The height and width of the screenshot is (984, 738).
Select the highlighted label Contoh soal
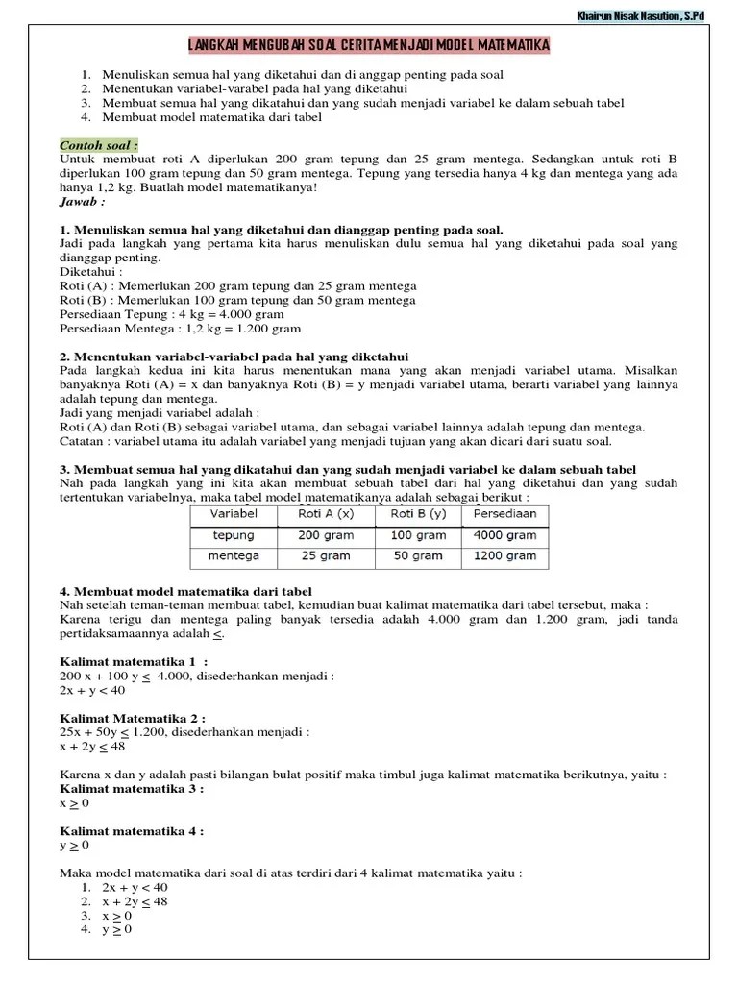(99, 144)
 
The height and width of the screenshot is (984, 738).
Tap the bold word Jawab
(82, 202)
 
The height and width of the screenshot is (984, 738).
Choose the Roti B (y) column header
(416, 514)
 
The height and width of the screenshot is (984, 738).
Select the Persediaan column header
(504, 514)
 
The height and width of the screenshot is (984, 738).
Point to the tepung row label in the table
(233, 535)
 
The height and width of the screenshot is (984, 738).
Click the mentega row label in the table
(233, 555)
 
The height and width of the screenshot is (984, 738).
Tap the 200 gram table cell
(325, 535)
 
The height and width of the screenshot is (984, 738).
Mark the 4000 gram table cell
(504, 535)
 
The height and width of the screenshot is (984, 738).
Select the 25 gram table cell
(325, 555)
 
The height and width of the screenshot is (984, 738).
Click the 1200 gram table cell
(504, 555)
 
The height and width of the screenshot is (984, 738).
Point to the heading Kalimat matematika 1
(134, 662)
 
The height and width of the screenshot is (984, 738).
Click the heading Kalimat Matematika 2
(133, 718)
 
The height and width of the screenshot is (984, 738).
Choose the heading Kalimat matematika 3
(132, 788)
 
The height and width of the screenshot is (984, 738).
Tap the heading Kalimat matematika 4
(132, 831)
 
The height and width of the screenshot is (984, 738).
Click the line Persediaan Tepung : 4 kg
(172, 313)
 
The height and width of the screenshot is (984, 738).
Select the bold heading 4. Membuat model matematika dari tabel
(185, 591)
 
